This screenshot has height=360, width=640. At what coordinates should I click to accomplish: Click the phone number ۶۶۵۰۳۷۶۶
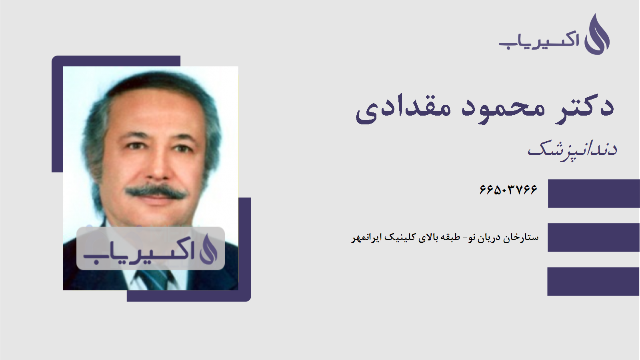coord(508,189)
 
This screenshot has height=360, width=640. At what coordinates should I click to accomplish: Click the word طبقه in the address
coord(450,238)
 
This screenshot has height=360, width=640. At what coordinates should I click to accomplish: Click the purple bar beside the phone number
coord(594,194)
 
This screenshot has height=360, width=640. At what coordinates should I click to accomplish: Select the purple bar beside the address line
coord(594,238)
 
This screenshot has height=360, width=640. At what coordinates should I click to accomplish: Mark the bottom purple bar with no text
coord(594,282)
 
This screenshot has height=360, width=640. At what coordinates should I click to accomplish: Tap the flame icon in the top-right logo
coord(597,35)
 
